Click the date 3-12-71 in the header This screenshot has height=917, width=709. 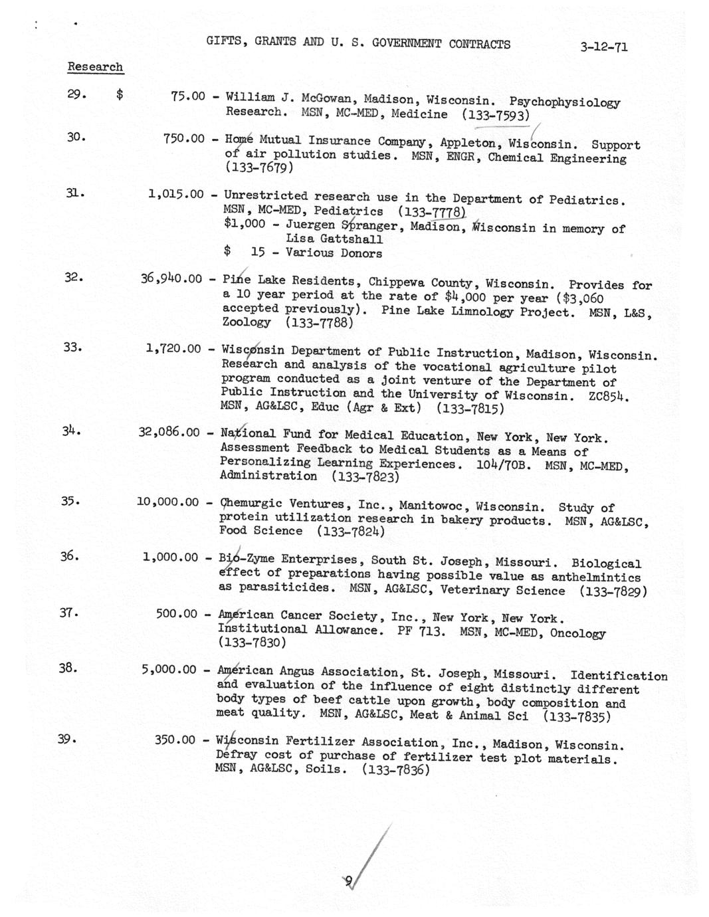pos(603,47)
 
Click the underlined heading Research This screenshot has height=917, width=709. pos(95,67)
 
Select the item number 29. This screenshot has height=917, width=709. pos(76,94)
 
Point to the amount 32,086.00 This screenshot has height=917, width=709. pos(169,433)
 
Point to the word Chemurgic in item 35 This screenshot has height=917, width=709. pos(250,504)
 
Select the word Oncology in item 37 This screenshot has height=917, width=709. pos(577,633)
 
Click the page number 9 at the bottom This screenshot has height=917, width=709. pos(348,881)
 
